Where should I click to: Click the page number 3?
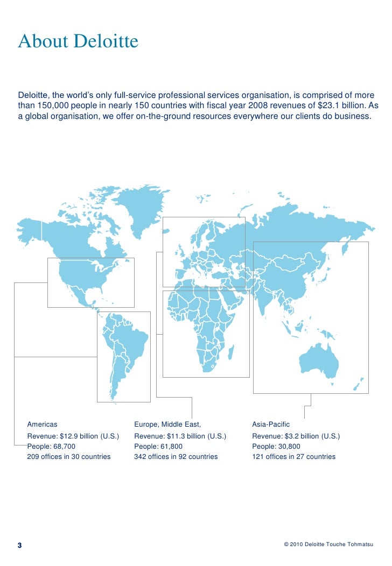pyautogui.click(x=20, y=546)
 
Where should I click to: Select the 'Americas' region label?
pyautogui.click(x=42, y=424)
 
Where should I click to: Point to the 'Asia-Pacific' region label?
pyautogui.click(x=271, y=424)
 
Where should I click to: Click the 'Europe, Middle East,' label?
pyautogui.click(x=167, y=424)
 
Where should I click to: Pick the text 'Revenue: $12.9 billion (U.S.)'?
pyautogui.click(x=73, y=436)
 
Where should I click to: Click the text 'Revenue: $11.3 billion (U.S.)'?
pyautogui.click(x=180, y=436)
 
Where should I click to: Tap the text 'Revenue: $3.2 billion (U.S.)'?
pyautogui.click(x=296, y=436)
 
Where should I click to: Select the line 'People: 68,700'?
pyautogui.click(x=51, y=447)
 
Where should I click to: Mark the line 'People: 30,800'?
pyautogui.click(x=276, y=447)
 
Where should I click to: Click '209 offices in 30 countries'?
pyautogui.click(x=69, y=457)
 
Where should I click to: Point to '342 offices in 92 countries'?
pyautogui.click(x=176, y=457)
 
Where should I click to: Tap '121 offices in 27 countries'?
pyautogui.click(x=293, y=457)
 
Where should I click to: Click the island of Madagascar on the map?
pyautogui.click(x=231, y=353)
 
